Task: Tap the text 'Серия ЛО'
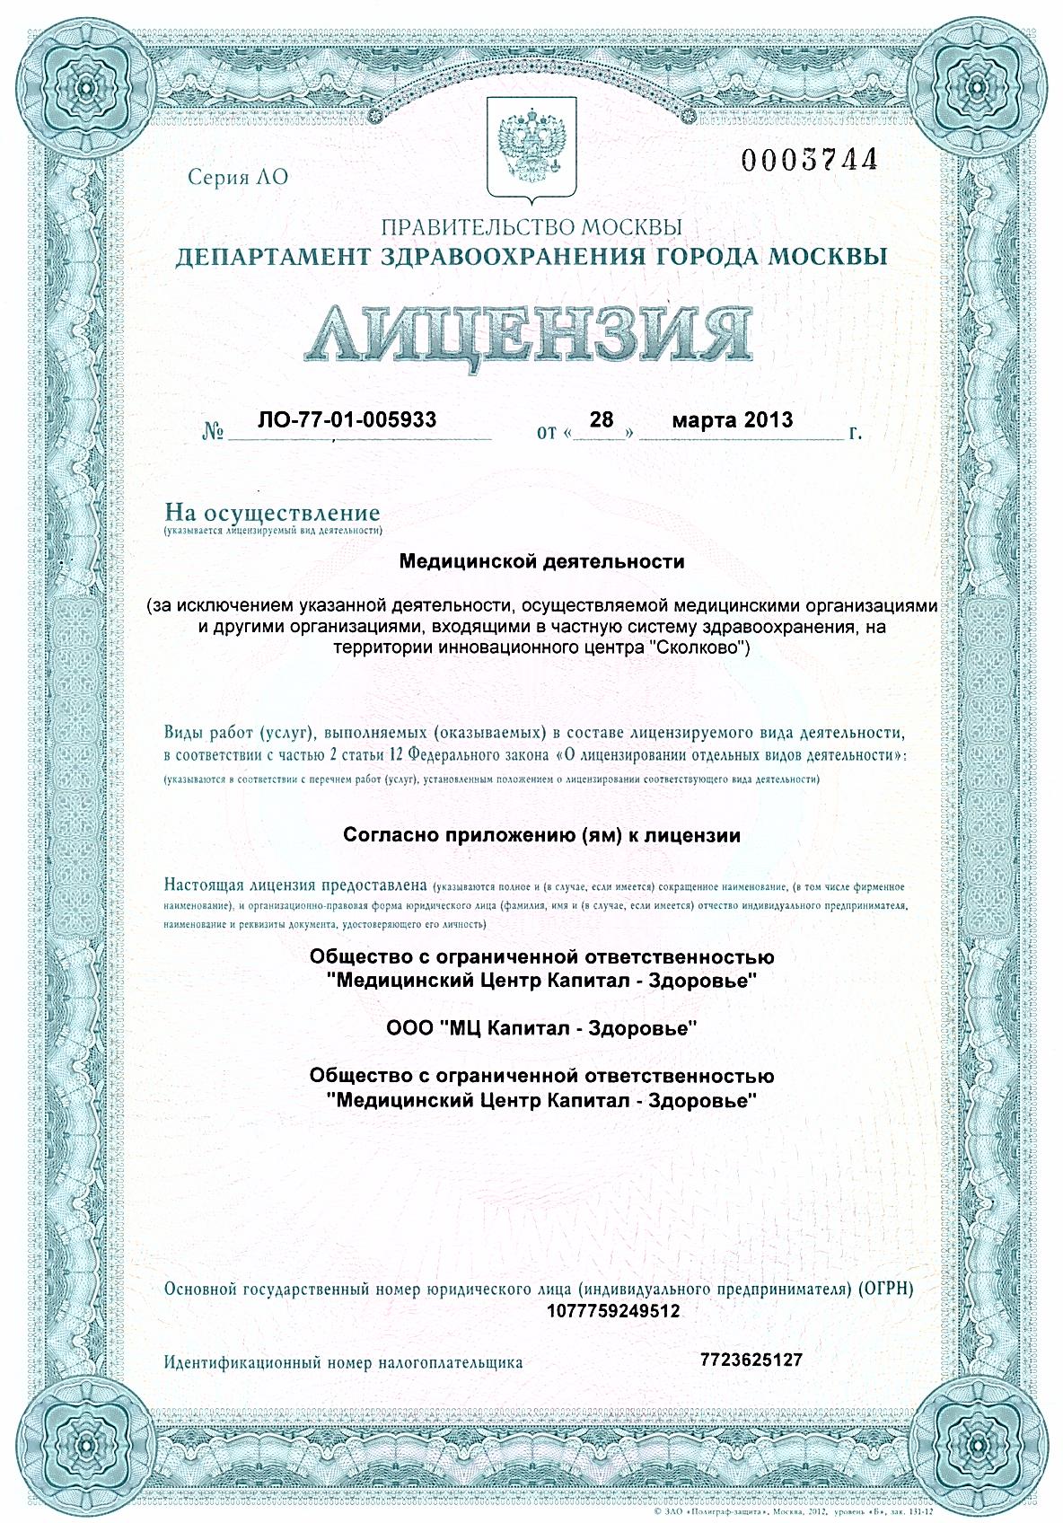pyautogui.click(x=238, y=177)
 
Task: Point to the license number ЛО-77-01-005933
pyautogui.click(x=347, y=419)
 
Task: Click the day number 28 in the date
pyautogui.click(x=601, y=419)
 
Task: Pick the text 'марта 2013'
pyautogui.click(x=733, y=419)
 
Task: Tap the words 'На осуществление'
pyautogui.click(x=272, y=515)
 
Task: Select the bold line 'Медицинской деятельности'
pyautogui.click(x=541, y=562)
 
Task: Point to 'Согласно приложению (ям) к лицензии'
pyautogui.click(x=541, y=835)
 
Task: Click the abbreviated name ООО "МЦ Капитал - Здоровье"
pyautogui.click(x=541, y=1028)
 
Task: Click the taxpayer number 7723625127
pyautogui.click(x=751, y=1360)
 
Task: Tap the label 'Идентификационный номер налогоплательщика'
pyautogui.click(x=343, y=1362)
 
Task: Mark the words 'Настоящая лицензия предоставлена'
pyautogui.click(x=296, y=885)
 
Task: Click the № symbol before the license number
pyautogui.click(x=213, y=433)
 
